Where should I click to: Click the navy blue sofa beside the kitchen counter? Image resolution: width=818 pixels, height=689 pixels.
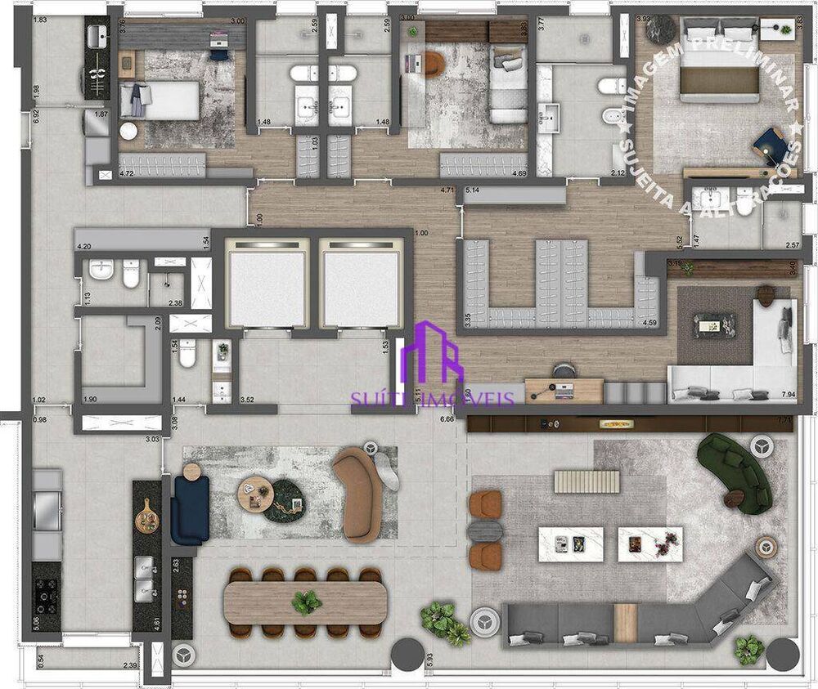(189, 509)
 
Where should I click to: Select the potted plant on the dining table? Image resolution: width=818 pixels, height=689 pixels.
(307, 603)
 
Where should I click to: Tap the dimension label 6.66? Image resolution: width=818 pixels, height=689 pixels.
(447, 418)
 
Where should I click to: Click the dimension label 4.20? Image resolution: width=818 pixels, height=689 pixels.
(83, 245)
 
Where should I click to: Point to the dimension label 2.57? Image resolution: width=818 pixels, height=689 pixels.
(792, 245)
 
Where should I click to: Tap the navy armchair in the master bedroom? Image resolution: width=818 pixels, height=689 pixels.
(768, 142)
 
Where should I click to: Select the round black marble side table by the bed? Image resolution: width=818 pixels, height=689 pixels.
(658, 29)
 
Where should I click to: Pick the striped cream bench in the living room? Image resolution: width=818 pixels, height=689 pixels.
(587, 481)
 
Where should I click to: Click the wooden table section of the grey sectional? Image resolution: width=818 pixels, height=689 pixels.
(626, 622)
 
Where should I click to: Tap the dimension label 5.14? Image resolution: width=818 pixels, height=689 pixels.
(473, 191)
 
